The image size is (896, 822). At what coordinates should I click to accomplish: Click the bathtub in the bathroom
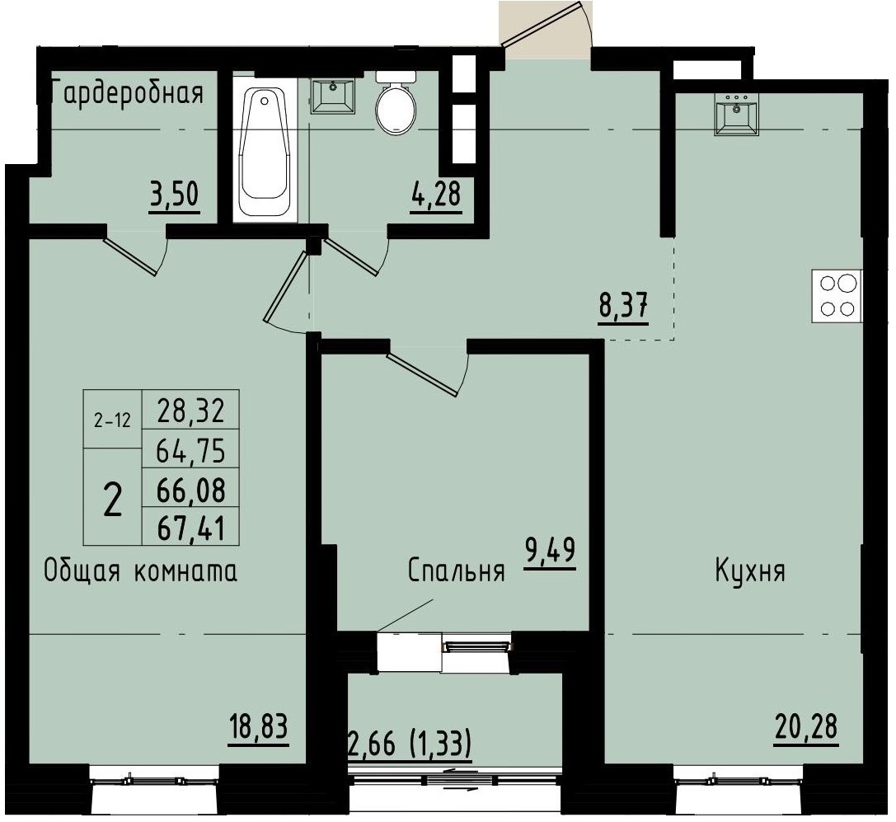[265, 149]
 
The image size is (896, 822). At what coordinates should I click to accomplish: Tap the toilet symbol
[396, 105]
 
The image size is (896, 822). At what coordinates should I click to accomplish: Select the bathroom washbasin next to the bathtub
[332, 96]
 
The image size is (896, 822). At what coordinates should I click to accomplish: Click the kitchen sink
[737, 113]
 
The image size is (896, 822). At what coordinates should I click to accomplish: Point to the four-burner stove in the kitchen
[837, 296]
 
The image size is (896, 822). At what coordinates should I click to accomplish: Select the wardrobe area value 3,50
[174, 198]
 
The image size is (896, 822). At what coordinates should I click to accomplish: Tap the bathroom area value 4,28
[435, 198]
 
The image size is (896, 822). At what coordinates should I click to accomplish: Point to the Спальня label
[456, 571]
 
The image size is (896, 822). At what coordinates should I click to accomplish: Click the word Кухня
[749, 571]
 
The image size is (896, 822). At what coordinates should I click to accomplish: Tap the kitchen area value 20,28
[805, 728]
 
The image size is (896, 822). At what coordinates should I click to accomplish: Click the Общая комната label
[140, 571]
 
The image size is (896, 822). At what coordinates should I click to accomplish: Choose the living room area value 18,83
[259, 728]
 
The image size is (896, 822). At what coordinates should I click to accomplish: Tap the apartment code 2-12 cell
[112, 420]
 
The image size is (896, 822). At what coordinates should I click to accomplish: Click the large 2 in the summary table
[113, 499]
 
